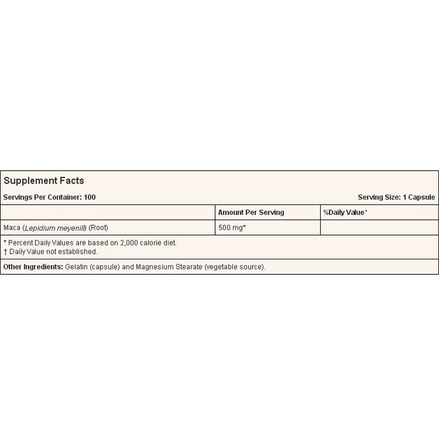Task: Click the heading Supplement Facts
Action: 44,181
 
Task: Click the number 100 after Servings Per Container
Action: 90,197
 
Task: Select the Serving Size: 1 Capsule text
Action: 396,197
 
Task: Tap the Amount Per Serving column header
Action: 251,212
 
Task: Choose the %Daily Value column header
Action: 345,212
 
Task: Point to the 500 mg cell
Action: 232,228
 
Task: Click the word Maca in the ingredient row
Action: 12,228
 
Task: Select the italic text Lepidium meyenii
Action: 54,228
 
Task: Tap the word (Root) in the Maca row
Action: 99,228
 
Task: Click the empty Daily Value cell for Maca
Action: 379,228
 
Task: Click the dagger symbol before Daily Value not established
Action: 5,252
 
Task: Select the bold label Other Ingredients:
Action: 32,267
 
